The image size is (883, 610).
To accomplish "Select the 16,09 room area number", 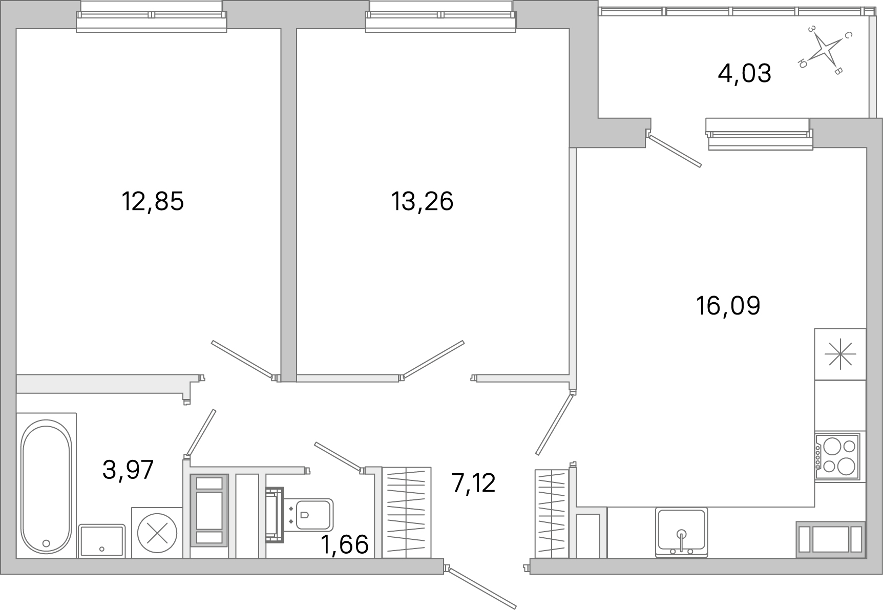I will [728, 306].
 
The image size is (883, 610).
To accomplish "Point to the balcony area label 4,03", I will [744, 73].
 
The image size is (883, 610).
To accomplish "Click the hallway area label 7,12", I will [474, 482].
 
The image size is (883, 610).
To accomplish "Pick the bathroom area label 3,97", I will [128, 470].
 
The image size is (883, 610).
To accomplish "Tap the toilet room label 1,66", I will [345, 544].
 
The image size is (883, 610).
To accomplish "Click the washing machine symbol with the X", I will [157, 533].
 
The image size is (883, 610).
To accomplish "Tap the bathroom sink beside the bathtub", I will [102, 541].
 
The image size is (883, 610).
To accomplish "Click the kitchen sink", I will [681, 532].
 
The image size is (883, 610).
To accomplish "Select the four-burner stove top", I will [837, 456].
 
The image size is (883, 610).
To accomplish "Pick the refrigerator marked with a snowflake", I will [840, 354].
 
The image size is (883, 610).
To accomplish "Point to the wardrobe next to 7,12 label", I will [407, 512].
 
